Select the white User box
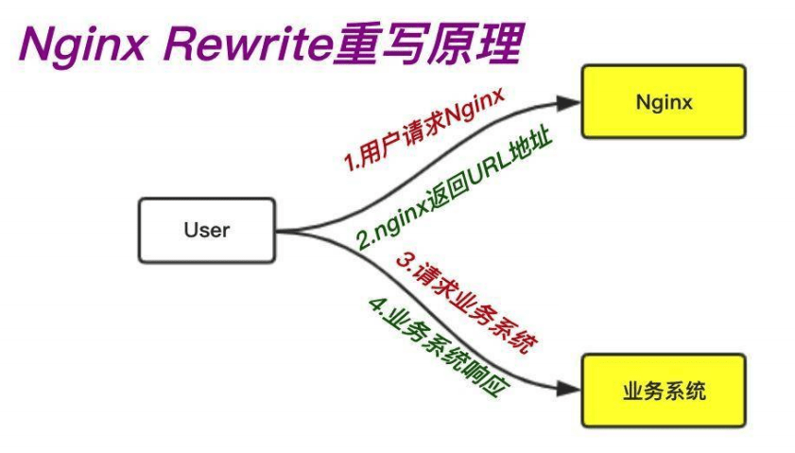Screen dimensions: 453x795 206,230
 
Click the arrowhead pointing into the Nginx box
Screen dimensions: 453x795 571,100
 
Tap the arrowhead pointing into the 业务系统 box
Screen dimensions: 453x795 571,388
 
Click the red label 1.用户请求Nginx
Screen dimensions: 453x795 423,130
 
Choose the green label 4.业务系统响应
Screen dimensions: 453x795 433,346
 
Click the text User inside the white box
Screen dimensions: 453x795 206,230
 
